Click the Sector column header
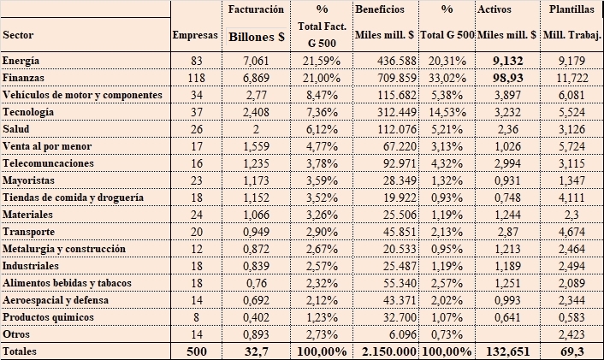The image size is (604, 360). (x=18, y=35)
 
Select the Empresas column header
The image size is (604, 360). (x=195, y=35)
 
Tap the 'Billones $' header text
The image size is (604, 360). (x=257, y=37)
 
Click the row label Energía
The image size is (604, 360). (x=21, y=61)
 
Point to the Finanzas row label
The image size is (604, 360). (x=23, y=78)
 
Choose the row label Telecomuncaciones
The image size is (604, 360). (x=48, y=163)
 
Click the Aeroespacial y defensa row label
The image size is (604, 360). (x=56, y=300)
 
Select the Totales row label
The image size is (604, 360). (x=20, y=351)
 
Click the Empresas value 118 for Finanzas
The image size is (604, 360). (x=197, y=78)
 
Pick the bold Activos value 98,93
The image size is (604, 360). (x=508, y=78)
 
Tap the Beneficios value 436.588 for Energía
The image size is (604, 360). (x=397, y=61)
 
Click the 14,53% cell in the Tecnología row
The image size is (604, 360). (x=446, y=112)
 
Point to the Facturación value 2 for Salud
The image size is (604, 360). (x=256, y=129)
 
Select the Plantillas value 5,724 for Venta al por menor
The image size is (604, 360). (x=571, y=146)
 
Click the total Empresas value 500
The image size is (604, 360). (x=197, y=351)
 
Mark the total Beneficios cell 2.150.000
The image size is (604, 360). (x=389, y=351)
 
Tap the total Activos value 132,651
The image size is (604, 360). (x=507, y=351)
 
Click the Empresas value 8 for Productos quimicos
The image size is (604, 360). (x=197, y=317)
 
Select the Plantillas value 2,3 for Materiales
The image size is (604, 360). (x=571, y=215)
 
